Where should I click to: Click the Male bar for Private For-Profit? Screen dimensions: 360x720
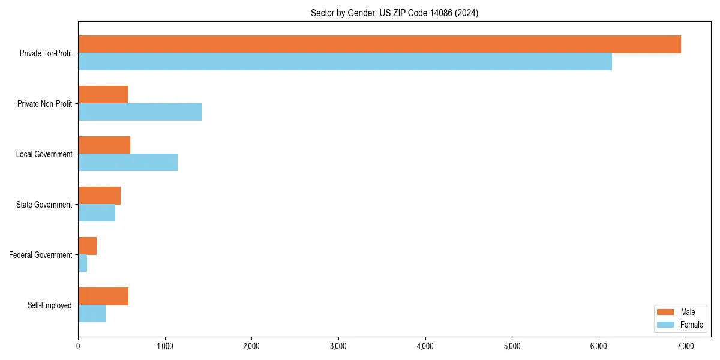tap(379, 44)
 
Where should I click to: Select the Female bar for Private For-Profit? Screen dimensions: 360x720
tap(345, 62)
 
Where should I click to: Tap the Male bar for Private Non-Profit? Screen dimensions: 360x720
tap(103, 95)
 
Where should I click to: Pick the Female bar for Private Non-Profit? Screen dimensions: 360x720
tap(140, 112)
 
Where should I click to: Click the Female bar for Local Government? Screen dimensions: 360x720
tap(128, 163)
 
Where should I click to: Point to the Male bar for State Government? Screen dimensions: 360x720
tap(99, 196)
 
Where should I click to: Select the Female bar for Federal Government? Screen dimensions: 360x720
tap(83, 263)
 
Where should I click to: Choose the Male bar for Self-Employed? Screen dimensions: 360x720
tap(103, 296)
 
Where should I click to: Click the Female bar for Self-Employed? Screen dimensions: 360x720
tap(92, 314)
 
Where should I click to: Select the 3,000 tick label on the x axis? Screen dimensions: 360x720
tap(338, 346)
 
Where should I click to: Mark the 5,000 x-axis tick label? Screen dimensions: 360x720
tap(512, 346)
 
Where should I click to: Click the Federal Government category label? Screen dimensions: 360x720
tap(40, 255)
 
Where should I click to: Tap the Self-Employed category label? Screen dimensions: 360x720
tap(49, 305)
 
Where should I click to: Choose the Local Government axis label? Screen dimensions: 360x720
tap(44, 154)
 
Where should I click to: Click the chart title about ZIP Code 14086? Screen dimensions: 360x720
tap(394, 13)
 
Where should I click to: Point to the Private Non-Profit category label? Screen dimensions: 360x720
tap(44, 104)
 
